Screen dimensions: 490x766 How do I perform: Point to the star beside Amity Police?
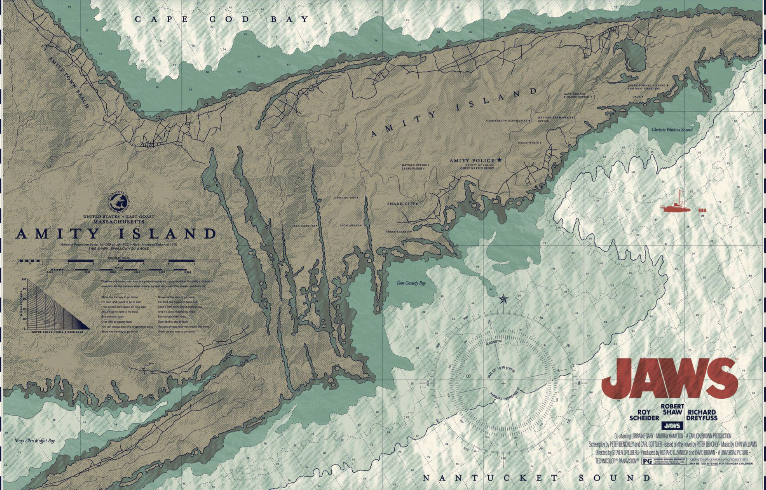(x=499, y=160)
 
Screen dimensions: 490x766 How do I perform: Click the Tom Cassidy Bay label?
(x=411, y=283)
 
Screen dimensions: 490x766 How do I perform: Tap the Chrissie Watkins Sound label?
(x=672, y=130)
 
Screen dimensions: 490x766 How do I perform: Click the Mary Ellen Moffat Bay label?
(x=34, y=441)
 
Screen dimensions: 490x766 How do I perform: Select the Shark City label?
(x=402, y=204)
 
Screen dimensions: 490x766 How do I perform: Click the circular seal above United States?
(x=119, y=201)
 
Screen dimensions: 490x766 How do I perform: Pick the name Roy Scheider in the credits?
(x=644, y=415)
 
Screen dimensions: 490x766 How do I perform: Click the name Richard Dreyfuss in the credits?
(x=702, y=415)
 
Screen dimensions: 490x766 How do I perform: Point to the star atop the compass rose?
(x=503, y=299)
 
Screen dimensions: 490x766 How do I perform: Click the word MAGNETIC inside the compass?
(x=493, y=343)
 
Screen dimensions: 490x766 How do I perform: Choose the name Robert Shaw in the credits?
(x=672, y=409)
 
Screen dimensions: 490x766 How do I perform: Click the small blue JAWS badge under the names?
(x=672, y=426)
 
